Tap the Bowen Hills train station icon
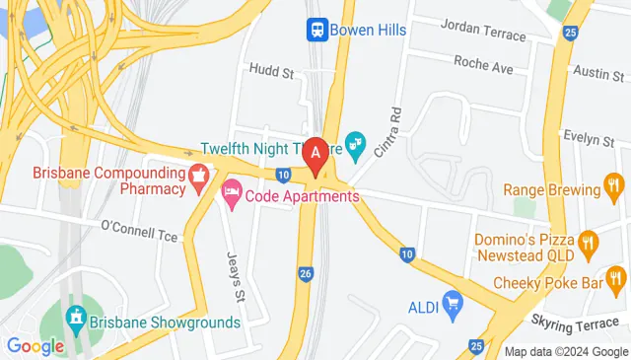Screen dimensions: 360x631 [316, 30]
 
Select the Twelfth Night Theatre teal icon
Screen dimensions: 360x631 [355, 149]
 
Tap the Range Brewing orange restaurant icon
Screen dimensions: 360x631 [613, 188]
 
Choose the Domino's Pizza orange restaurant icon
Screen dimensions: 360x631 [590, 242]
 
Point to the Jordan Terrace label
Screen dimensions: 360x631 [483, 36]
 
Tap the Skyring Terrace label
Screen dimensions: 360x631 [579, 324]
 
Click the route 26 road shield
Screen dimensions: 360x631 [306, 273]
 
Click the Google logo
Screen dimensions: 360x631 [35, 345]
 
